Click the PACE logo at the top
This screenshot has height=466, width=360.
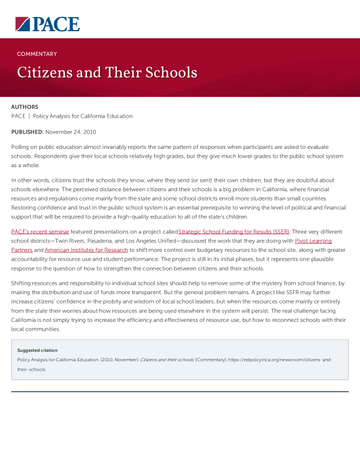pos(47,24)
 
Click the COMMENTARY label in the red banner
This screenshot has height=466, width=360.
pos(37,54)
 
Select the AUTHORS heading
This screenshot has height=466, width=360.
pos(25,107)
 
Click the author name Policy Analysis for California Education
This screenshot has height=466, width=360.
pos(83,116)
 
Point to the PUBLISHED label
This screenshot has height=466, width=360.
pos(27,132)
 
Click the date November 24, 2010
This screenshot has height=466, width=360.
pos(71,132)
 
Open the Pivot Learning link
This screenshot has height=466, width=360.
pos(313,241)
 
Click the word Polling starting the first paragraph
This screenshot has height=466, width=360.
pos(21,147)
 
